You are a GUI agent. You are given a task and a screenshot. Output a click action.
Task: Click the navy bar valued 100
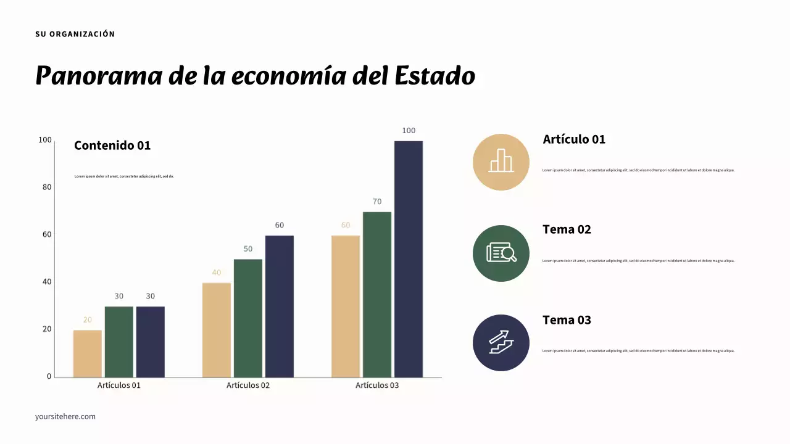409,259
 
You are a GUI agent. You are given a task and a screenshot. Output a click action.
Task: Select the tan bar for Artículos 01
88,353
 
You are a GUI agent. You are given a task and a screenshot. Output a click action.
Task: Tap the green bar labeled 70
377,294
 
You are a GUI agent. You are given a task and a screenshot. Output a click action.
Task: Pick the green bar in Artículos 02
248,318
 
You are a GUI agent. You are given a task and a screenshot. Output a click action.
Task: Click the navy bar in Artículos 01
151,342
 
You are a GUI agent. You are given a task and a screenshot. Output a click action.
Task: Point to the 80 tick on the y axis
47,187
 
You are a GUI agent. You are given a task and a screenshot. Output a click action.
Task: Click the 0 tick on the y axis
49,376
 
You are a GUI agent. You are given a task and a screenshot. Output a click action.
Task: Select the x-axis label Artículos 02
248,385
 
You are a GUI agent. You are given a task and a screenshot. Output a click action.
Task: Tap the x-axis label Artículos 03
377,385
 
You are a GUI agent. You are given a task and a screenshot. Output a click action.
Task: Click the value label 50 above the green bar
248,249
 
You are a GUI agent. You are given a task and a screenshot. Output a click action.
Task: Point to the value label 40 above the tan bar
217,273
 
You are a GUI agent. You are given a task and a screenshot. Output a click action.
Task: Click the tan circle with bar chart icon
501,162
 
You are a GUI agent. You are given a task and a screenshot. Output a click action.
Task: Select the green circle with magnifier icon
501,253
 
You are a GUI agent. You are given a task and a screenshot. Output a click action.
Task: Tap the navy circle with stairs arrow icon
501,343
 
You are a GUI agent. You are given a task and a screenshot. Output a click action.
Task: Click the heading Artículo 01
574,139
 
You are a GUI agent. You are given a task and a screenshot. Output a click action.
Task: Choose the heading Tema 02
567,229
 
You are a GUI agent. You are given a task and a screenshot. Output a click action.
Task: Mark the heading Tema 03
567,320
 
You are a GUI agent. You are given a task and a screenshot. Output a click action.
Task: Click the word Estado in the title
434,76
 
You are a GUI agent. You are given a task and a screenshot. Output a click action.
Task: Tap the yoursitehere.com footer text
65,416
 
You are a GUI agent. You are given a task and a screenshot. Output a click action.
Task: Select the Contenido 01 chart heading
112,146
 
